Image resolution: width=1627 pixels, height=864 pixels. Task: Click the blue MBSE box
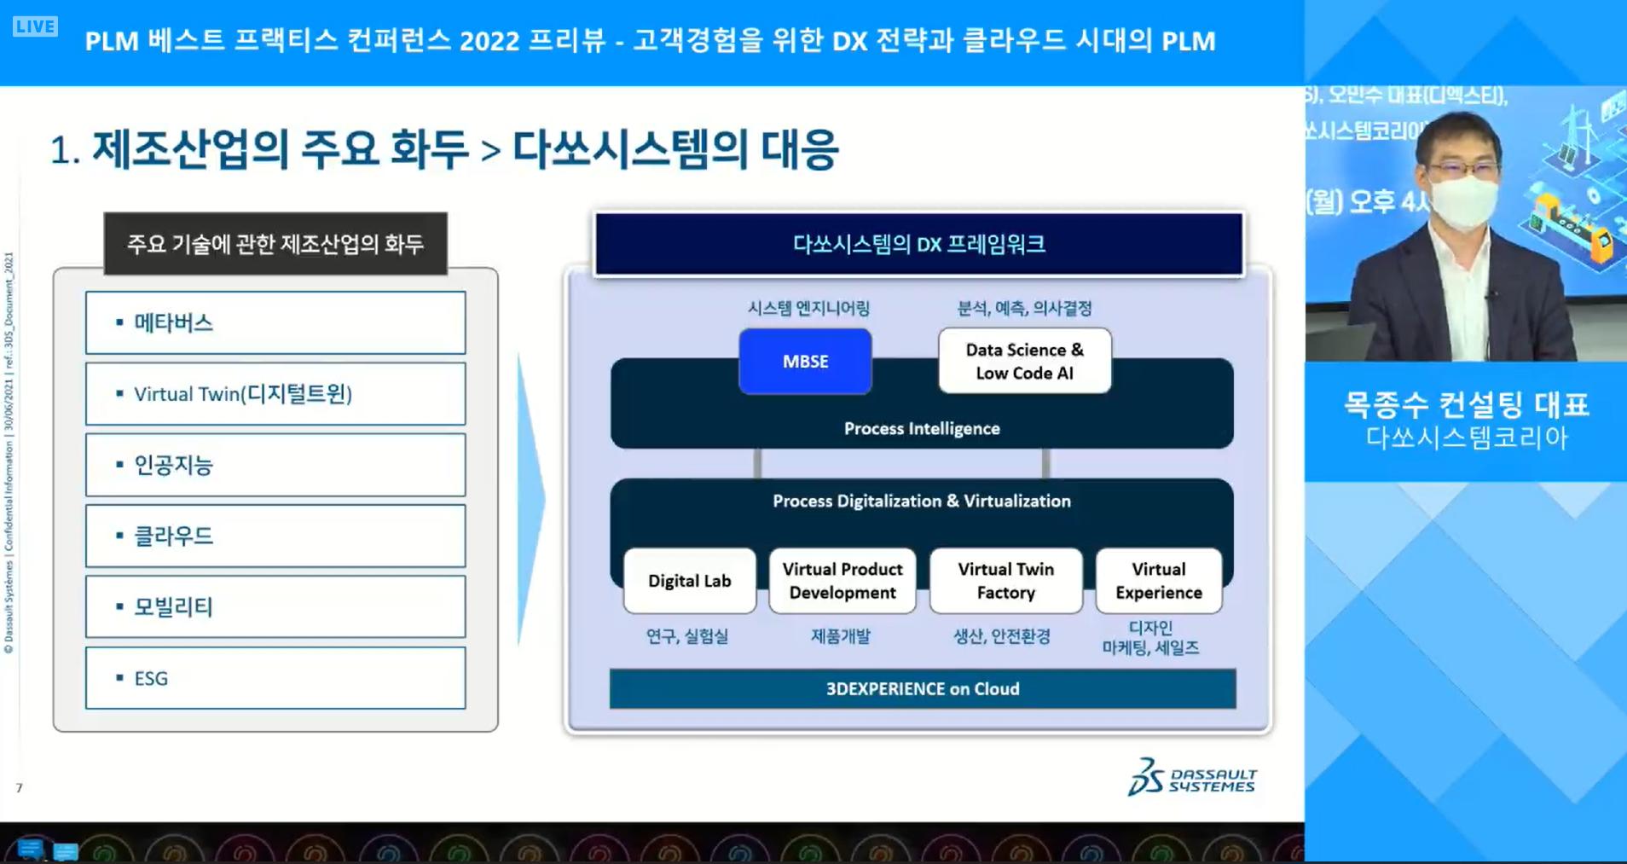(x=805, y=362)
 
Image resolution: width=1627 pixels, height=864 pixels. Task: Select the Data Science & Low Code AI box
(x=1024, y=362)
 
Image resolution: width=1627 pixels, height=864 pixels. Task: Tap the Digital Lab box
(x=689, y=581)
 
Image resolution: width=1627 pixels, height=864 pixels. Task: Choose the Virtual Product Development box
(x=842, y=581)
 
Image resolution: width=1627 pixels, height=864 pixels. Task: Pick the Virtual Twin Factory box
(x=1005, y=581)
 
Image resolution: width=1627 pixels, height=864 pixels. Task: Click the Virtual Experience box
(x=1158, y=581)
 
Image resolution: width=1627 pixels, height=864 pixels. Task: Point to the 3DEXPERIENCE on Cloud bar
(x=922, y=689)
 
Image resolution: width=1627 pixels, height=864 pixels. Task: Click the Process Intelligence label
(x=922, y=428)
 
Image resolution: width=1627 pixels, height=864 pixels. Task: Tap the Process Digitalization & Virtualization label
(x=922, y=502)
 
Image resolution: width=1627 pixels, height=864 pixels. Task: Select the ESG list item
(x=275, y=678)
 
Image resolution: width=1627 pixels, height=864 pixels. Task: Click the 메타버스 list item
(x=275, y=323)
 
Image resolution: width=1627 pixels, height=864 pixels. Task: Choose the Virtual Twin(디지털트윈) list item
(x=275, y=394)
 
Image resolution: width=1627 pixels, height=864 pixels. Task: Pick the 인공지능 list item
(x=275, y=465)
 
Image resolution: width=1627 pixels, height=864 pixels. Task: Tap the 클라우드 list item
(x=275, y=536)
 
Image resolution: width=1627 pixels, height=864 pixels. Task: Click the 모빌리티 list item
(x=275, y=607)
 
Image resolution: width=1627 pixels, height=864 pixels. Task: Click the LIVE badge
(x=35, y=26)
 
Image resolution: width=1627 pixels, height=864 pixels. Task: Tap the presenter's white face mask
(x=1463, y=198)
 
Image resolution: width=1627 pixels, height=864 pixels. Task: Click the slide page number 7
(x=19, y=788)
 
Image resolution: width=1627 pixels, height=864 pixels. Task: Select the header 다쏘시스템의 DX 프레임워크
(x=918, y=245)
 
